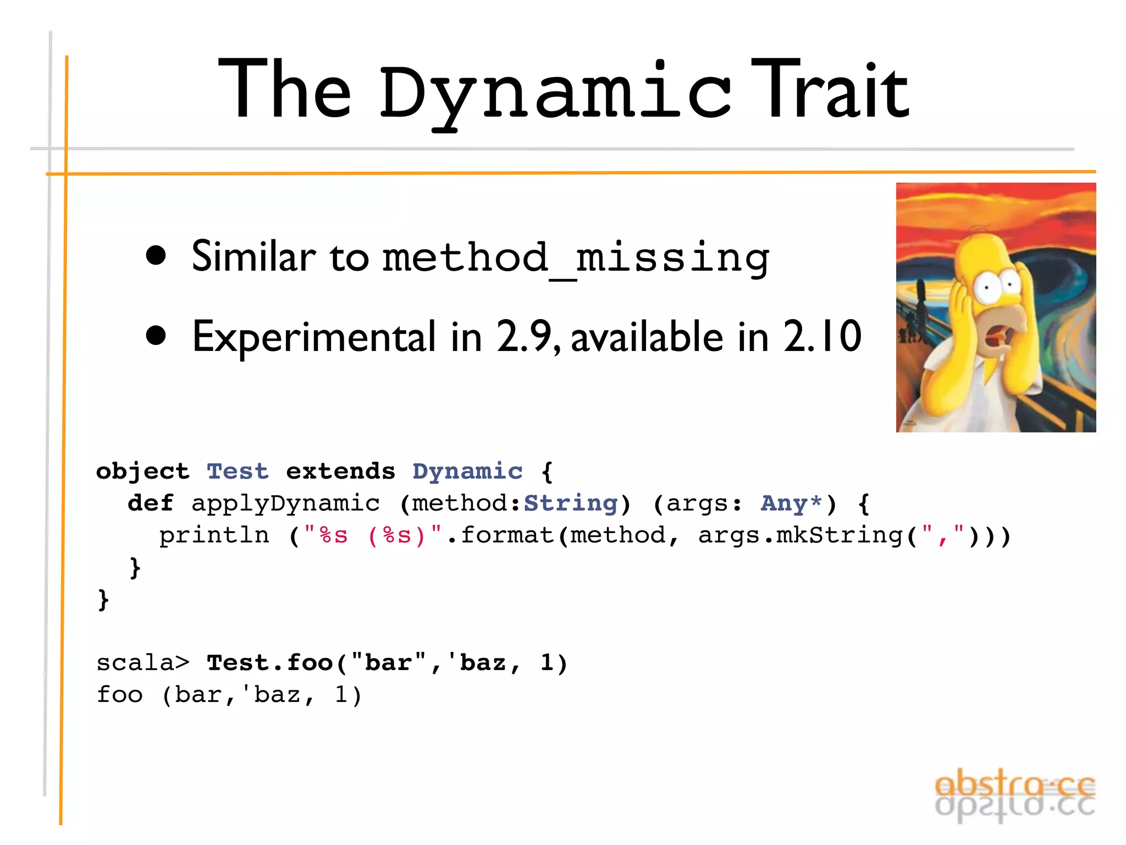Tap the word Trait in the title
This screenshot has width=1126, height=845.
[x=830, y=91]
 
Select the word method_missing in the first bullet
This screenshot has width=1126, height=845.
[x=576, y=257]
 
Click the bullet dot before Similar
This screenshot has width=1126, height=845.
[x=156, y=255]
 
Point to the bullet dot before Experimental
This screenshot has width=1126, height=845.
[x=156, y=336]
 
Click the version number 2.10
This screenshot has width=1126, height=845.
[x=823, y=336]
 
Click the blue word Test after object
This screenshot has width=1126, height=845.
[x=238, y=471]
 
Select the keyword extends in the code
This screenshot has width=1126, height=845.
[x=340, y=471]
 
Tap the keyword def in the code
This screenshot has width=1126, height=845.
[x=150, y=503]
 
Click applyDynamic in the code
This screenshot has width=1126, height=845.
[x=285, y=503]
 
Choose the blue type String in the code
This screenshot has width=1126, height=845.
[x=571, y=503]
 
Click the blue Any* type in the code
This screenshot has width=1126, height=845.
[x=791, y=503]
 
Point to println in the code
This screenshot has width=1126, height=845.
[x=214, y=535]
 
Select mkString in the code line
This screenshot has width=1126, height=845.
[x=840, y=535]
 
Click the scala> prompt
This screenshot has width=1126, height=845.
[x=143, y=663]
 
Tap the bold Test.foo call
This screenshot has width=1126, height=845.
[x=269, y=663]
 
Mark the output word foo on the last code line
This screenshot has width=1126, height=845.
[x=120, y=695]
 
